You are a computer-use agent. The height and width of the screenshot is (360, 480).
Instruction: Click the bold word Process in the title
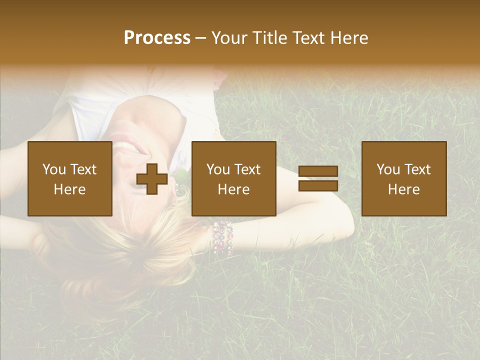tap(157, 38)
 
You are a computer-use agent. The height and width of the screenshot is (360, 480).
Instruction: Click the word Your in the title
tap(227, 38)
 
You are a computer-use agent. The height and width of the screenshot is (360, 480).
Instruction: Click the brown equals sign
tap(318, 178)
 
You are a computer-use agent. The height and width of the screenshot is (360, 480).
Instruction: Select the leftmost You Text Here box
tap(70, 178)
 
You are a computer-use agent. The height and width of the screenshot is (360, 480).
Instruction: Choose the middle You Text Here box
tap(233, 178)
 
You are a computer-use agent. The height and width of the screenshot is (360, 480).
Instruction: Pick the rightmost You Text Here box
tap(403, 178)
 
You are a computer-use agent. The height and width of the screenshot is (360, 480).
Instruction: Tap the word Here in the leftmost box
tap(70, 189)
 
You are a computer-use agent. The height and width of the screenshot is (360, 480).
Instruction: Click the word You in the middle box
tap(218, 169)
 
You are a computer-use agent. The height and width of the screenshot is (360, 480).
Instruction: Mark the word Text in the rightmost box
tap(417, 169)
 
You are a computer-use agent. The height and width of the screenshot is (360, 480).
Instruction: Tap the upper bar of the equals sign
tap(318, 172)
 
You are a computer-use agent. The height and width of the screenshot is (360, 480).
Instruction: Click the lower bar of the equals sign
tap(318, 185)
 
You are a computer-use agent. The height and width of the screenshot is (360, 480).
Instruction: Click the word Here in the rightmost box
tap(403, 189)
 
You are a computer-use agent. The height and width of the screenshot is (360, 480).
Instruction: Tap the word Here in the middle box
tap(233, 189)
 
